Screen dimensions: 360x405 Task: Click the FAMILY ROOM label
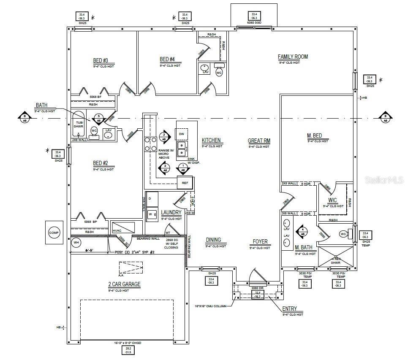click(293, 57)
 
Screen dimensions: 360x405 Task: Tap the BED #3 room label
click(101, 60)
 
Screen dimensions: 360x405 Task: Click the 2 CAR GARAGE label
click(124, 284)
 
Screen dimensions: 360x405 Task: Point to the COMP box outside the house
click(54, 233)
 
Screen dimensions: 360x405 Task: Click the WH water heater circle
click(76, 242)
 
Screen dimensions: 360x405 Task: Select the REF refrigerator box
click(185, 183)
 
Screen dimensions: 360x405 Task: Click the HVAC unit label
click(117, 230)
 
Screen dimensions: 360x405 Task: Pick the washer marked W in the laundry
click(150, 214)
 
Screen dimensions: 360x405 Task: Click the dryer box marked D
click(152, 198)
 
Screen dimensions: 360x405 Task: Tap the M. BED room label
click(314, 136)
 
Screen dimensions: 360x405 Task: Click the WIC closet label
click(332, 200)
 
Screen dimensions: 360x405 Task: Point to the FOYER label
click(260, 242)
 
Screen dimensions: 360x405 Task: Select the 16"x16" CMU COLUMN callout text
click(211, 306)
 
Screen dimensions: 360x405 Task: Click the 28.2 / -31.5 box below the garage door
click(128, 350)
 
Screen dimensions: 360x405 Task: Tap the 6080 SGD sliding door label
click(253, 23)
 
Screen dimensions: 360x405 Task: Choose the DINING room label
click(213, 240)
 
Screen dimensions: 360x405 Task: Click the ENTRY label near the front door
click(290, 309)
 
